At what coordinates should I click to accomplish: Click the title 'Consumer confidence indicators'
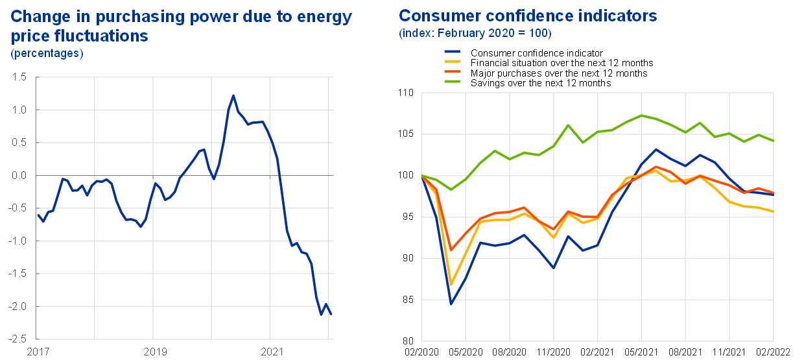click(x=528, y=16)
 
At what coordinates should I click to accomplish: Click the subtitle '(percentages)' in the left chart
click(x=47, y=53)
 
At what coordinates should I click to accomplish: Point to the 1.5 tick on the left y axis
click(x=19, y=78)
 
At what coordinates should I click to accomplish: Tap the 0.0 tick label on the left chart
click(x=19, y=176)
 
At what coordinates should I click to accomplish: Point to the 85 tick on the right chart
click(x=407, y=300)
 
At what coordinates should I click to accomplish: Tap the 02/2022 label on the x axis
click(x=774, y=352)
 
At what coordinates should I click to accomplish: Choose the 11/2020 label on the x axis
click(x=553, y=352)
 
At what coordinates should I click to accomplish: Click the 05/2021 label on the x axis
click(x=641, y=352)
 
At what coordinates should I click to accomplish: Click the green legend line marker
click(x=452, y=81)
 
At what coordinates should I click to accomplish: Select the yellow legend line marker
click(x=452, y=61)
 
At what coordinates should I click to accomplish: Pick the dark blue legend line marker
click(x=452, y=51)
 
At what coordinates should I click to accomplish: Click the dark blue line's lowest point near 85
click(x=451, y=303)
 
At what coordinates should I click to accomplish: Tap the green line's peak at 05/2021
click(x=641, y=115)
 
